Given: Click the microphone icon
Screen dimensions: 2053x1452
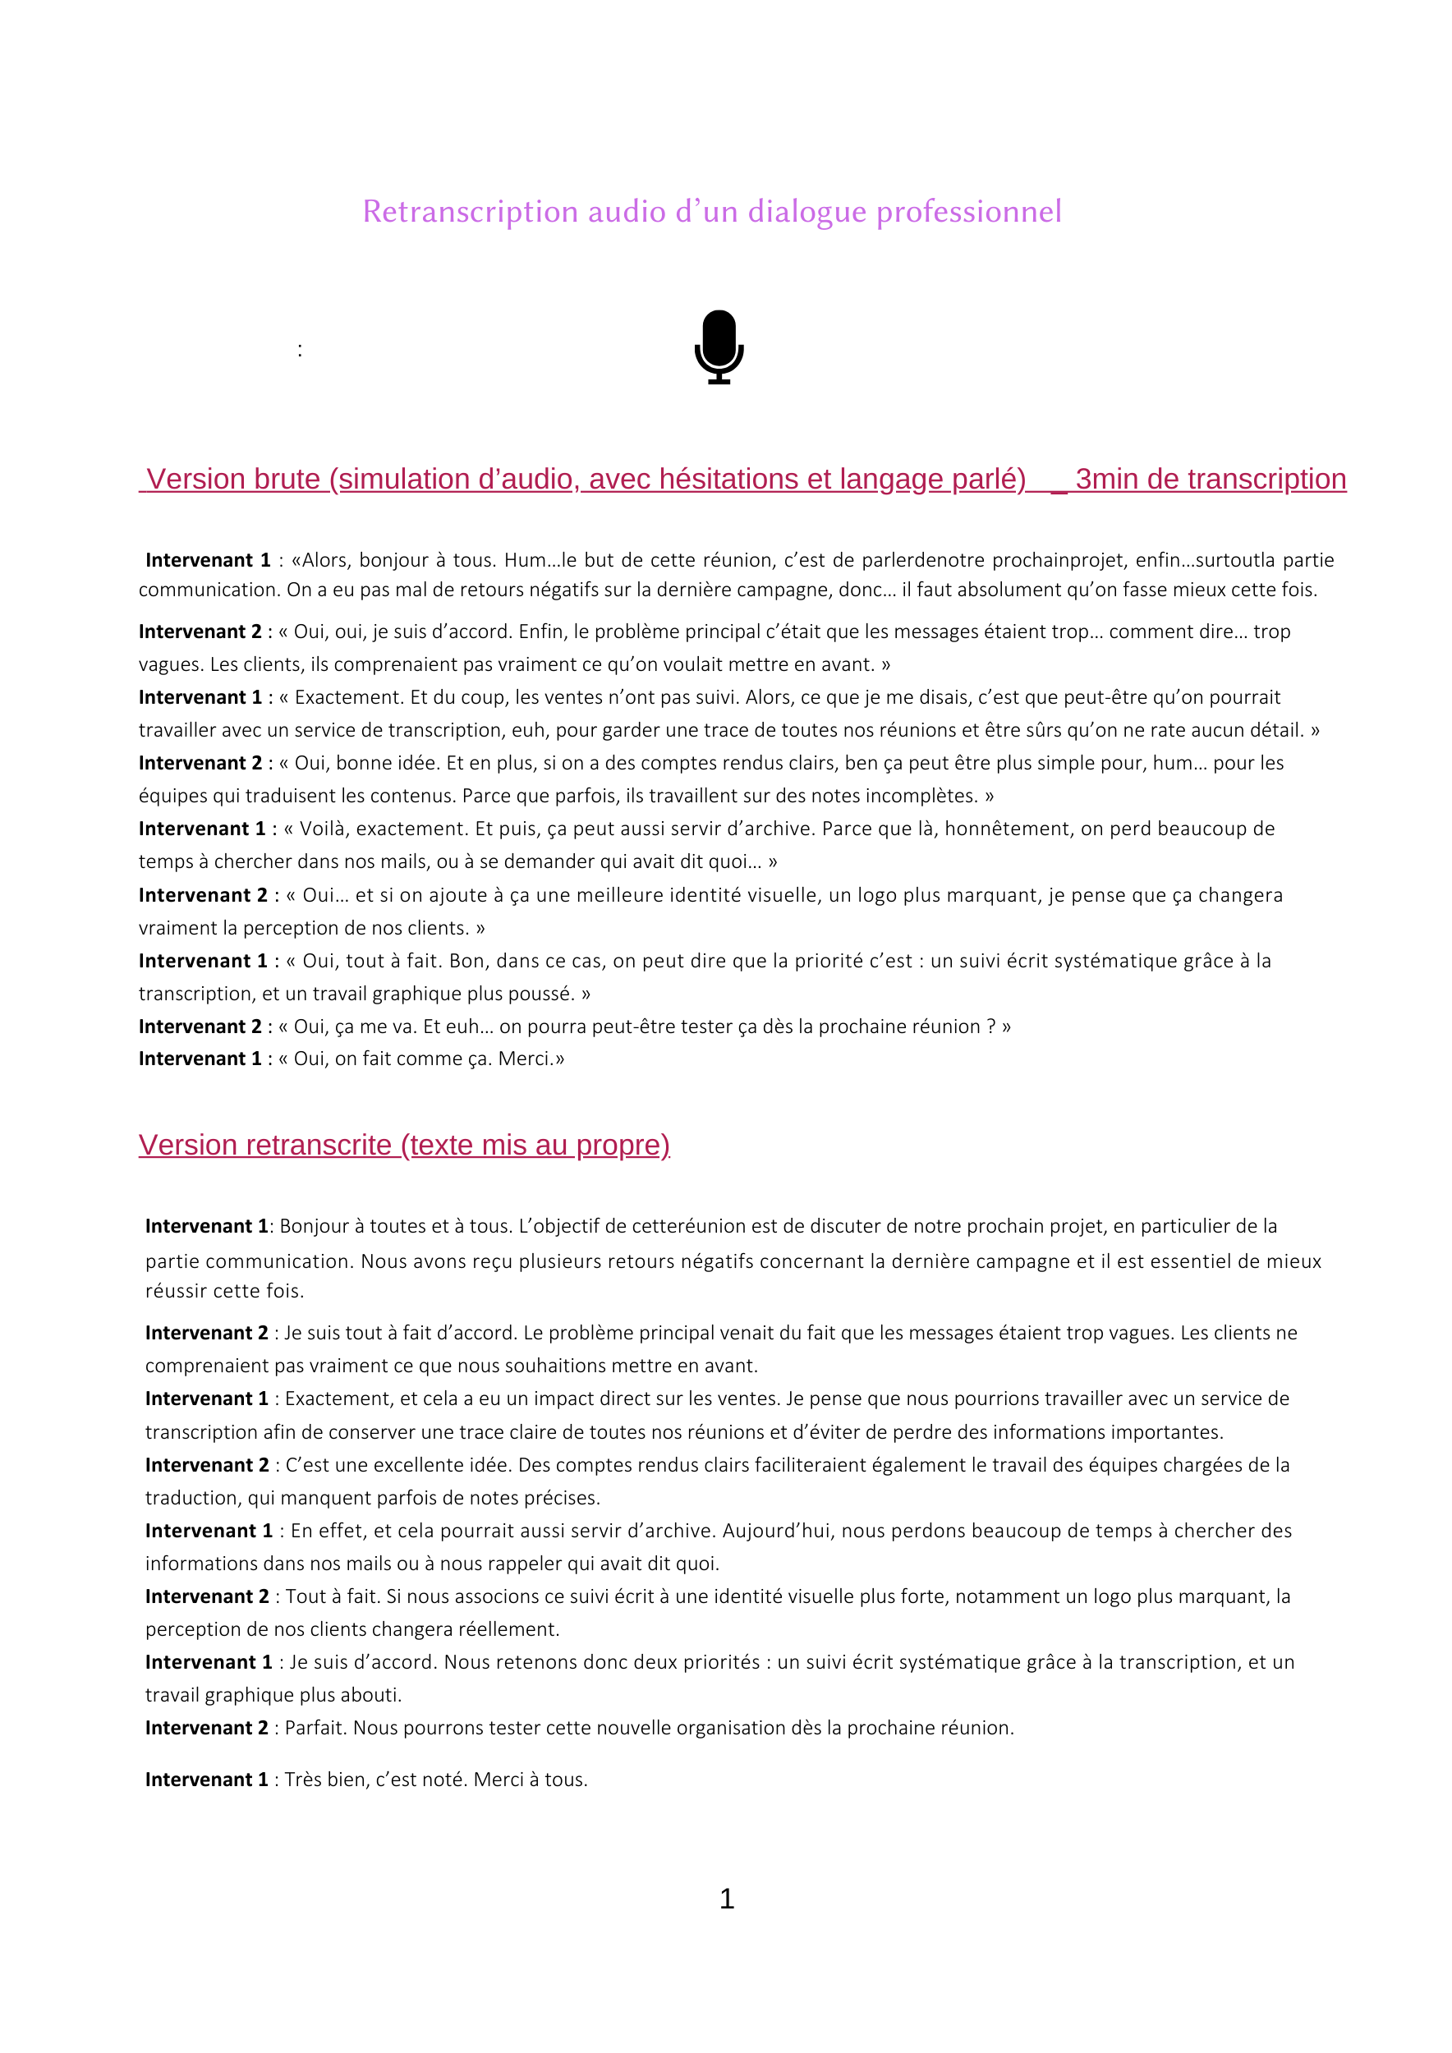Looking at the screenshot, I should click(x=719, y=347).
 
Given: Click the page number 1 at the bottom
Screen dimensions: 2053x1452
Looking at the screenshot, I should click(x=727, y=1899).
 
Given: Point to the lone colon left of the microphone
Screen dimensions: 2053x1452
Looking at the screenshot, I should click(x=300, y=351).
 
